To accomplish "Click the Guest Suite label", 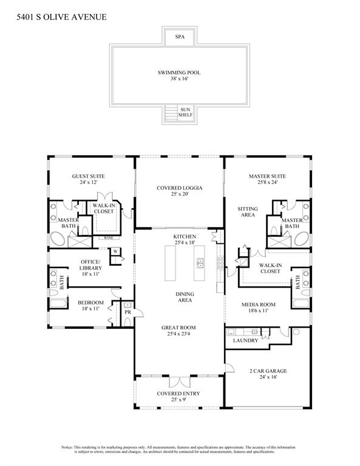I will [x=89, y=177].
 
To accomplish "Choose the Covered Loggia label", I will [x=179, y=188].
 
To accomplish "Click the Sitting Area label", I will [x=247, y=212].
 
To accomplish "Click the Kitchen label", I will [x=184, y=236].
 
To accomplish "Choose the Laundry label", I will [x=245, y=340].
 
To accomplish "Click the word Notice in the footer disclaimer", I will [x=68, y=447].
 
